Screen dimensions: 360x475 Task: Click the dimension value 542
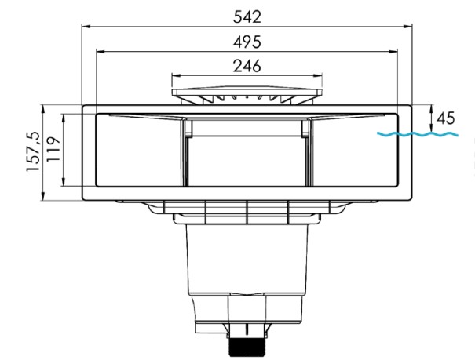click(247, 16)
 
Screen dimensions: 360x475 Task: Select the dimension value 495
click(247, 42)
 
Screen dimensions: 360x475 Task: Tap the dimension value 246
click(247, 66)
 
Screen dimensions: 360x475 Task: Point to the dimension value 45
click(445, 118)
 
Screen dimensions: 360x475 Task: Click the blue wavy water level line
click(416, 135)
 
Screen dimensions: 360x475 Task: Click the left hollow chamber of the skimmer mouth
click(137, 151)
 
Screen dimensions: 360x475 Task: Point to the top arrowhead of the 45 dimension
click(433, 107)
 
